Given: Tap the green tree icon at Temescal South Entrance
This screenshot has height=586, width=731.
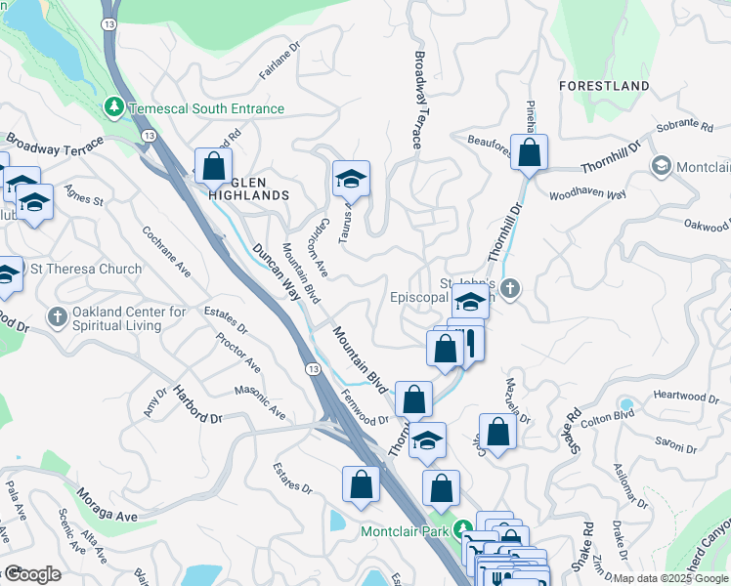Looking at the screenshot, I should pos(115,105).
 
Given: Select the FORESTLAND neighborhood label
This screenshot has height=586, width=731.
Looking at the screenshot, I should pos(604,86).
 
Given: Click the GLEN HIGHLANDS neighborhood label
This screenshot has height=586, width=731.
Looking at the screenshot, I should pos(249,188).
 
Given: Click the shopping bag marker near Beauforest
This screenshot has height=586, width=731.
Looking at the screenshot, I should pos(529,153).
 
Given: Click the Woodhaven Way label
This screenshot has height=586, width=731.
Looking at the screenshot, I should pos(587,194).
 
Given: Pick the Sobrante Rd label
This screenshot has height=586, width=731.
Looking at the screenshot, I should pos(686,126).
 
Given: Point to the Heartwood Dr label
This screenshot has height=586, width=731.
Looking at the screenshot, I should pos(685,396).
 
